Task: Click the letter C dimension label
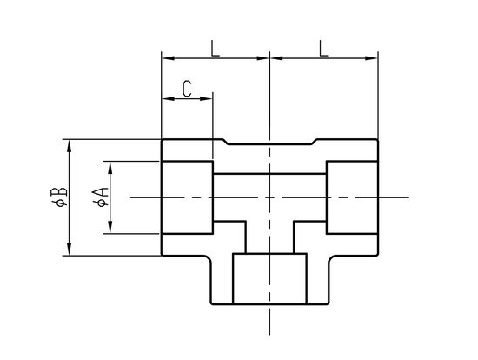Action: (187, 89)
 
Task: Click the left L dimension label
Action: (216, 48)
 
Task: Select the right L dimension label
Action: (323, 48)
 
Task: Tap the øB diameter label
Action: (59, 197)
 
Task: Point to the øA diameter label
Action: (101, 197)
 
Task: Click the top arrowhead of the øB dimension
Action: (70, 146)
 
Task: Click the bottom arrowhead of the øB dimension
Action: (70, 249)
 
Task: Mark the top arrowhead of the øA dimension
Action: (110, 168)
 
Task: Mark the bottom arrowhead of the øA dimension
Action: (110, 227)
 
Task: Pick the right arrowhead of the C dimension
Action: (206, 98)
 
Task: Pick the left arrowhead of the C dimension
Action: (169, 98)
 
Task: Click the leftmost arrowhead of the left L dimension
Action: (169, 58)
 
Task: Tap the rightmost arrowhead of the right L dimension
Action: (371, 58)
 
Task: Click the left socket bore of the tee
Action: (187, 197)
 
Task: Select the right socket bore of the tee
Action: (352, 197)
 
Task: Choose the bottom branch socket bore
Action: (269, 278)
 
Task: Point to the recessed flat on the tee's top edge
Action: (269, 144)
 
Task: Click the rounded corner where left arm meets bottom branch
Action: (208, 258)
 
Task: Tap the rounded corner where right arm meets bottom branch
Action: (332, 258)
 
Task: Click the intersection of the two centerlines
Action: (269, 197)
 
